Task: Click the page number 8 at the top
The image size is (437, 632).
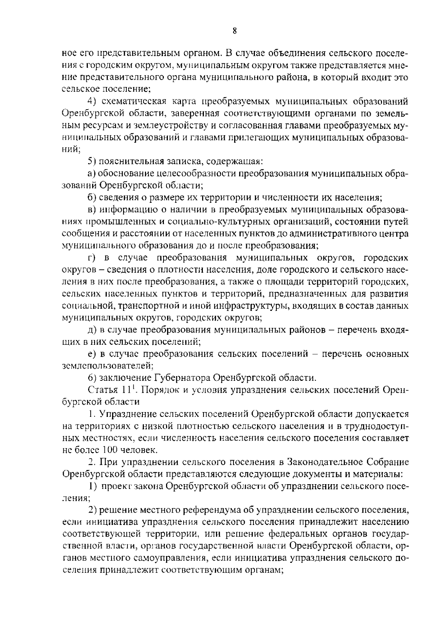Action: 235,31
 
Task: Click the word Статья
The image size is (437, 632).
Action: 101,389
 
